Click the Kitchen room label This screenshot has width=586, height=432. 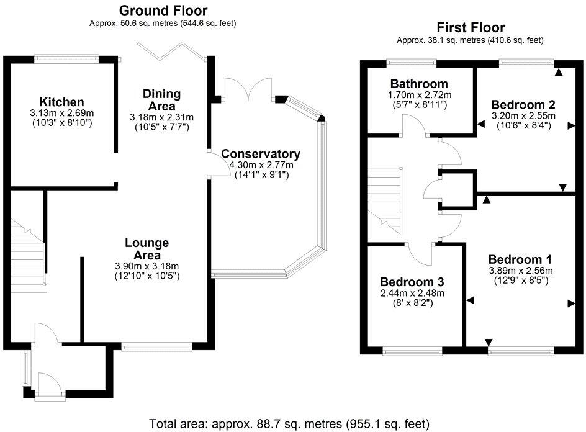point(61,102)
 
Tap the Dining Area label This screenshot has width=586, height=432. point(161,100)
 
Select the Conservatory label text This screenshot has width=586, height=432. point(261,154)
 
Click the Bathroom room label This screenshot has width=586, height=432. point(419,84)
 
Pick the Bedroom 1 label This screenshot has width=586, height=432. point(520,259)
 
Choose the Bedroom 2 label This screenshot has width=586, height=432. point(523,104)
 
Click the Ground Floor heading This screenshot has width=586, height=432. point(163,10)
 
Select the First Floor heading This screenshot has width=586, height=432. point(470,27)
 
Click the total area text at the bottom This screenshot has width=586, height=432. point(289,423)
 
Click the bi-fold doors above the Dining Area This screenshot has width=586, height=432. point(172,51)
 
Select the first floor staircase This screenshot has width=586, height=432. point(385,199)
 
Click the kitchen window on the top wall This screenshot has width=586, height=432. point(65,59)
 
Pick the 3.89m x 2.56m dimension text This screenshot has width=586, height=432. point(520,270)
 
